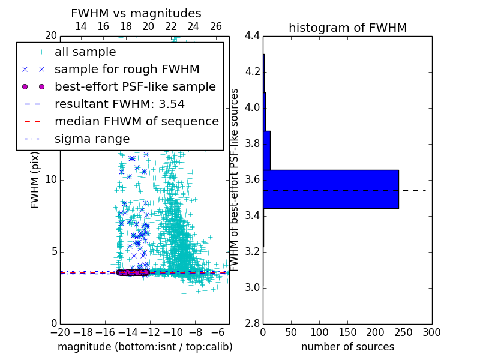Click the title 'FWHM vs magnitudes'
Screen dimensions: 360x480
click(136, 14)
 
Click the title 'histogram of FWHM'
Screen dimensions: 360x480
click(347, 28)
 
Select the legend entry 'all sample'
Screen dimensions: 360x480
click(85, 52)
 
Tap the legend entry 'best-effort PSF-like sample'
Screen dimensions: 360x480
click(135, 86)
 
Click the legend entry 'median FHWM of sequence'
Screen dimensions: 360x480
click(137, 121)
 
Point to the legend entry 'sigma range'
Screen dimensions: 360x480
click(92, 139)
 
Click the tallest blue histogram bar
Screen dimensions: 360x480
click(331, 189)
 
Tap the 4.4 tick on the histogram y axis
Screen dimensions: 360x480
click(253, 36)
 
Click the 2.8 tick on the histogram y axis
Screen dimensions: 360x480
click(253, 324)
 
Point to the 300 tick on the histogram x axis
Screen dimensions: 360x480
click(431, 332)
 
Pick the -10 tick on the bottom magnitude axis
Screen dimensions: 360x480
click(173, 332)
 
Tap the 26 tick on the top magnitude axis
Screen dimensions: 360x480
click(216, 26)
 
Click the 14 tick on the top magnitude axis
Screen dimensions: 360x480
click(81, 26)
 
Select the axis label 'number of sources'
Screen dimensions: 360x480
click(347, 347)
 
